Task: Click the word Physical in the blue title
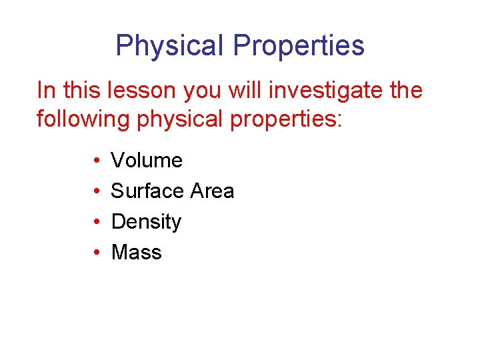point(170,46)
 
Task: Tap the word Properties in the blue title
point(299,46)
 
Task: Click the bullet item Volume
point(147,161)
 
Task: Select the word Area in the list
point(212,191)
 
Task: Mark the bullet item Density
point(146,222)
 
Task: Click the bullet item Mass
point(137,253)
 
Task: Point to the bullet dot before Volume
point(97,161)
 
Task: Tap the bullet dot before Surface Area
point(97,191)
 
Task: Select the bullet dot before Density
point(97,222)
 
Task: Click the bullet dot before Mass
point(97,253)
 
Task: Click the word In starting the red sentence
point(46,90)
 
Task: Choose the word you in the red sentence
point(202,90)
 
